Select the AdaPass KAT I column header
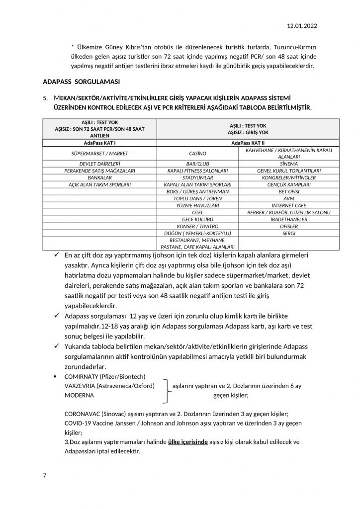tap(100, 143)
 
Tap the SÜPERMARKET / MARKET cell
tap(100, 153)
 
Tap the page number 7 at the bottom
tap(45, 476)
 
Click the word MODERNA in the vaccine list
tap(80, 395)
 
